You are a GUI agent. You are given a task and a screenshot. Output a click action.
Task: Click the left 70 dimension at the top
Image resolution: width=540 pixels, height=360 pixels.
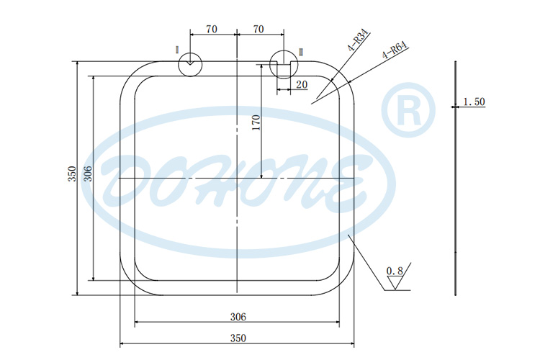coord(212,30)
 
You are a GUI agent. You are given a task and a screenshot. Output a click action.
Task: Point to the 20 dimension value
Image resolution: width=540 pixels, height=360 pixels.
coord(301,85)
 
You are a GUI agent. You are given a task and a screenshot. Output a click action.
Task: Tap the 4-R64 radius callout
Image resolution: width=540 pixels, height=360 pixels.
coord(395,50)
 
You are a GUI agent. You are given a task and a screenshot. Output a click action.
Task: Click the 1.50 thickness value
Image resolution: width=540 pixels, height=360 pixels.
coord(473,102)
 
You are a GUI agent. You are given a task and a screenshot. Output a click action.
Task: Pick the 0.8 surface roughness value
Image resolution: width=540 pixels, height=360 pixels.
coord(395,271)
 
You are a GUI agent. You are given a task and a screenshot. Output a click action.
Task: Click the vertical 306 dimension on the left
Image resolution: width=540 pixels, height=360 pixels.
coord(88,174)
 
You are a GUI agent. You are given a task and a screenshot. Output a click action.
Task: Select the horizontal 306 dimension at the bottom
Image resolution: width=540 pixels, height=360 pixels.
coord(238,316)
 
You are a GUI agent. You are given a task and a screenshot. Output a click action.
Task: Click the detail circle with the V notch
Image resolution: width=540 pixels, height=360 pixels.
coord(189,63)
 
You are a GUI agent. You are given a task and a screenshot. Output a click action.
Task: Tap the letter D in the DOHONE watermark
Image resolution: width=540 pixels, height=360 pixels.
coord(126,179)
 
